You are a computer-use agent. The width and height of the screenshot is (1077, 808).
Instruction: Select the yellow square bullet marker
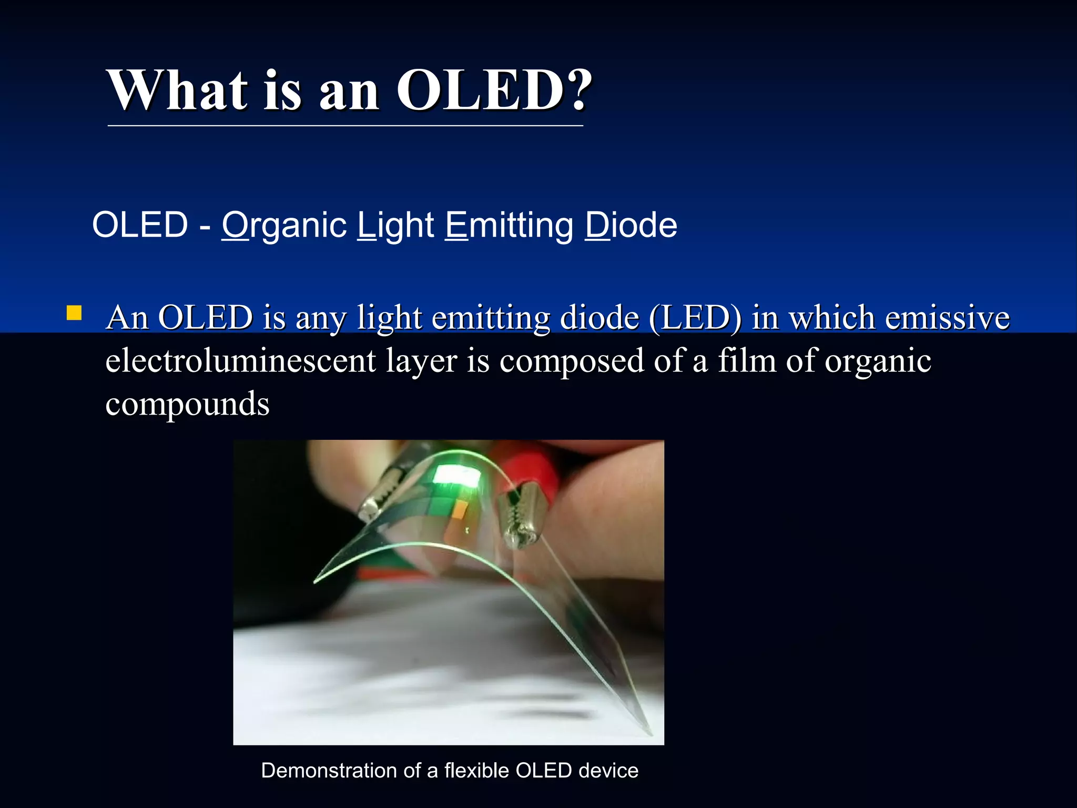click(x=74, y=314)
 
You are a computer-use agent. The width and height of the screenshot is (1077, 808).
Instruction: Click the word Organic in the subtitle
click(x=284, y=225)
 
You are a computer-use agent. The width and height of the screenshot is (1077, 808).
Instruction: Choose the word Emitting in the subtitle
click(x=509, y=225)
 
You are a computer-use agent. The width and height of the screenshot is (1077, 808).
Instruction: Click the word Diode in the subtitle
click(x=631, y=225)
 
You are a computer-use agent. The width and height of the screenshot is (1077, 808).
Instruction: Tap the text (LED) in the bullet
click(x=695, y=318)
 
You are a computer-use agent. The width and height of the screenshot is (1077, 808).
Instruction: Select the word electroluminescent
click(x=241, y=361)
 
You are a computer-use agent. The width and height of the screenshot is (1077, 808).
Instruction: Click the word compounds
click(x=187, y=404)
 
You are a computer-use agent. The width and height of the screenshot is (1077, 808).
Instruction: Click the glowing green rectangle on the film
click(x=456, y=475)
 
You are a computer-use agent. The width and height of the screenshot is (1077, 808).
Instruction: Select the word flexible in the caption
click(x=477, y=771)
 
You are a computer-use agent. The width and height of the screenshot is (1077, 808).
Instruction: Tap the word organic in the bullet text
click(x=878, y=361)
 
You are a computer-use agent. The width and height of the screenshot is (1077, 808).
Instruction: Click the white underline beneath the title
click(x=345, y=126)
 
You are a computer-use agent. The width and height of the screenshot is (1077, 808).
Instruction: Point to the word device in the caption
click(x=608, y=771)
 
